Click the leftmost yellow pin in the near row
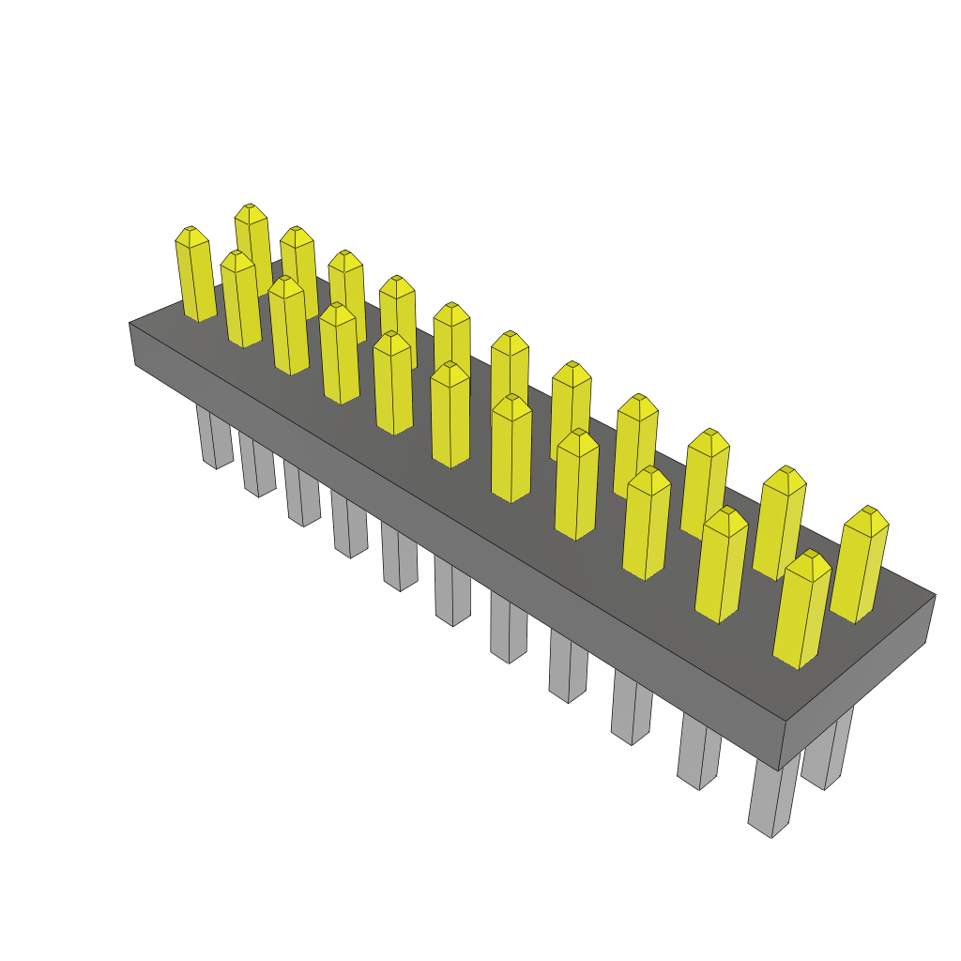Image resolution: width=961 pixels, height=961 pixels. pyautogui.click(x=195, y=277)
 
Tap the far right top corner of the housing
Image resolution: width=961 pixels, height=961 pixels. pyautogui.click(x=935, y=595)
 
